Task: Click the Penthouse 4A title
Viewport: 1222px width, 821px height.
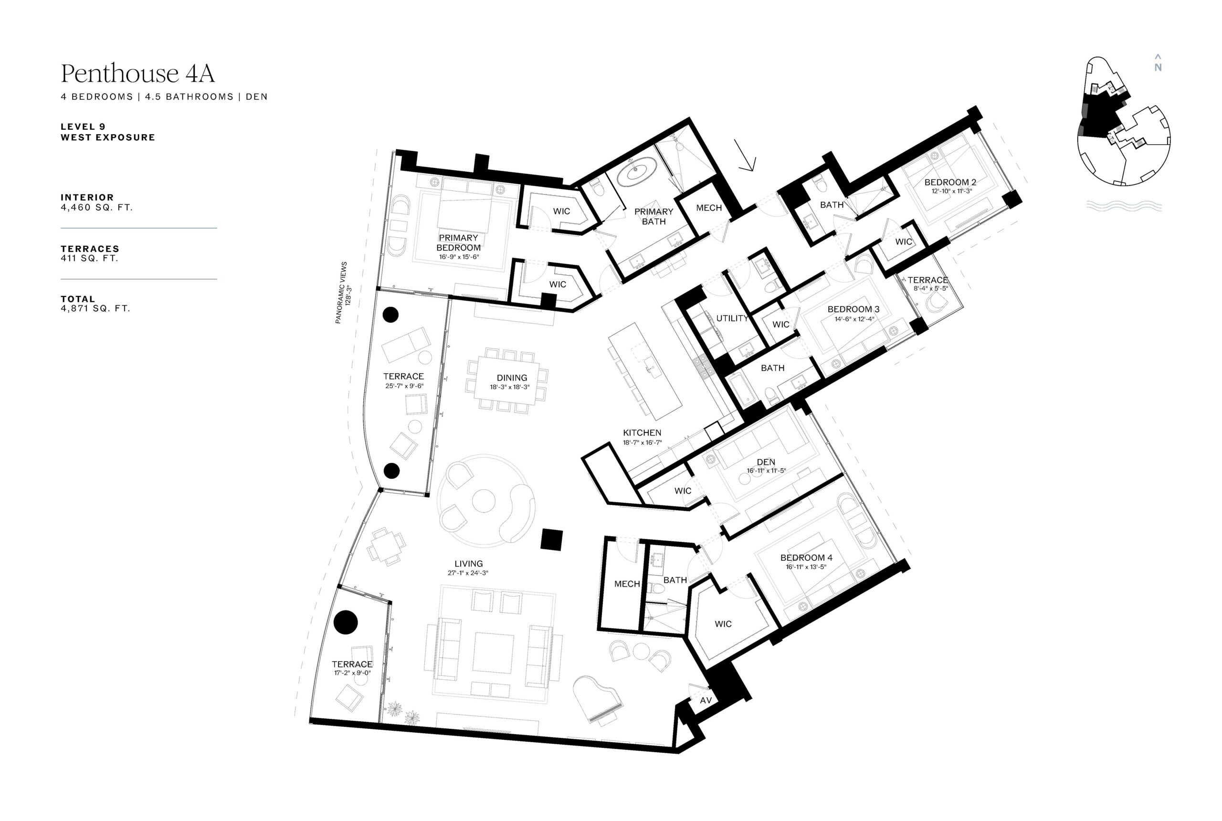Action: pos(137,74)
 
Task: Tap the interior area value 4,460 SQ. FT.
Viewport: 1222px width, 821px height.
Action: pos(97,207)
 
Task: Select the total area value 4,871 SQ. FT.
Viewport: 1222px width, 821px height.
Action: pos(95,308)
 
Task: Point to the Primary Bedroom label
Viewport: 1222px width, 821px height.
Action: pos(459,242)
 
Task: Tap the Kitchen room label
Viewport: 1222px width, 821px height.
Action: pos(642,432)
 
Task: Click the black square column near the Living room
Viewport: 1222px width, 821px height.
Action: pos(552,539)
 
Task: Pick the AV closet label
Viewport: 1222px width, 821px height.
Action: pos(706,700)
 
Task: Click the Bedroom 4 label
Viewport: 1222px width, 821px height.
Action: pos(806,558)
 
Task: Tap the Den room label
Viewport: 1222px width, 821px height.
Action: pos(766,462)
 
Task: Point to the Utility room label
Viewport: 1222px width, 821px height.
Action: pos(732,318)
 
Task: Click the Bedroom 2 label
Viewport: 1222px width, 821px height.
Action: pos(950,182)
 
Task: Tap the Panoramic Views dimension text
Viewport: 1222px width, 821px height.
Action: pos(345,293)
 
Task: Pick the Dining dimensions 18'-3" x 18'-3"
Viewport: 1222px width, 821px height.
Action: pos(509,388)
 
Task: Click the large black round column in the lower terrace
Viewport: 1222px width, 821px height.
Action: pos(346,622)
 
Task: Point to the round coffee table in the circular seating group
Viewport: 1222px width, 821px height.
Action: pos(484,501)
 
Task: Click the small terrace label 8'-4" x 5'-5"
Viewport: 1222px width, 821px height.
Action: pos(930,288)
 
